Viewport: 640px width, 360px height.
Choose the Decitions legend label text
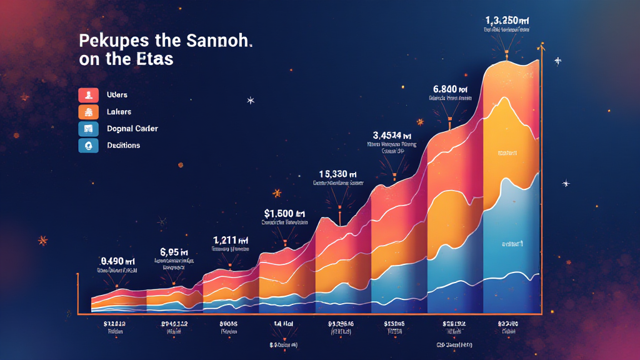point(123,145)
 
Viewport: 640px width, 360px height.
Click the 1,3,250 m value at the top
point(507,18)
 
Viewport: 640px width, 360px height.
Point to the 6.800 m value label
point(449,88)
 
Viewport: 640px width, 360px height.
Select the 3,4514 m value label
point(392,134)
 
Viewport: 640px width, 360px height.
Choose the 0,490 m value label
point(117,261)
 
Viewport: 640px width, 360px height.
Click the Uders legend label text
point(117,95)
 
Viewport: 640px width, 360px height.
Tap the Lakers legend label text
point(119,112)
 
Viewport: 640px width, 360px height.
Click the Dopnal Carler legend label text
point(132,129)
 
